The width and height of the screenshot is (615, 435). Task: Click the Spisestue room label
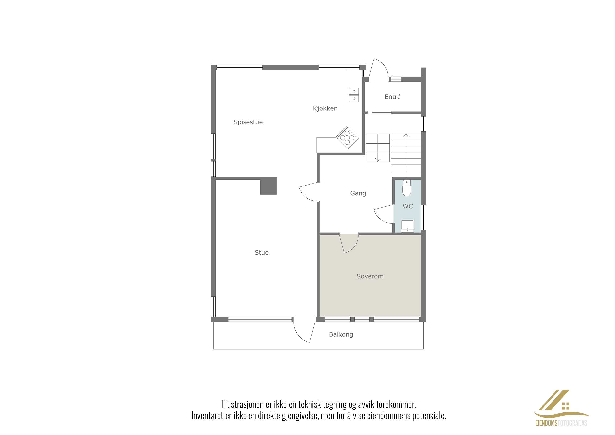[248, 122]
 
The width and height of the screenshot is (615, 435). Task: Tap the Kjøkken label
[325, 108]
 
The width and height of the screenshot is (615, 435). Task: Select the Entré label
[393, 97]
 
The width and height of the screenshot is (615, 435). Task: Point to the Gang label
[358, 193]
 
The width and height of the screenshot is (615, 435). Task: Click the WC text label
[408, 206]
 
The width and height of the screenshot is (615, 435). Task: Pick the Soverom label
[370, 276]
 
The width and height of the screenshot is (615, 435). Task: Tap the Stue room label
[261, 252]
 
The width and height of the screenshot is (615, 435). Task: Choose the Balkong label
[341, 334]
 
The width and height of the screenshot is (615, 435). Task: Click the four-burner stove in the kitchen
[347, 138]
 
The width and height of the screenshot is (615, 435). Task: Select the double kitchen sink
[354, 95]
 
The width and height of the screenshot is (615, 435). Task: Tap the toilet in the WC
[407, 188]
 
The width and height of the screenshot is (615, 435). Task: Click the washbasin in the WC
[407, 226]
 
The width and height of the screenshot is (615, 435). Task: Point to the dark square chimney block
[268, 186]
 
